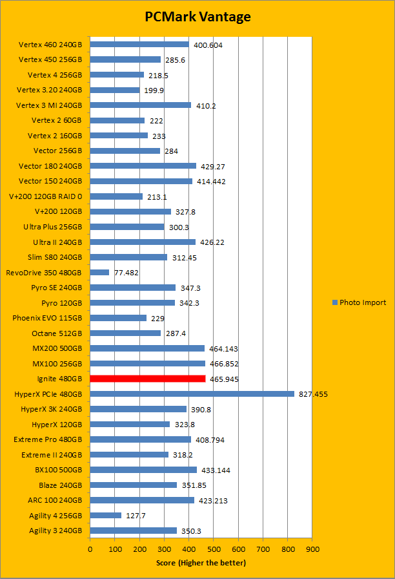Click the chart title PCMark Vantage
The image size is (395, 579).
(x=197, y=17)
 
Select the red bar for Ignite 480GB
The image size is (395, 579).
(x=148, y=379)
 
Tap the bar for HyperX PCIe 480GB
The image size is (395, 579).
(x=192, y=394)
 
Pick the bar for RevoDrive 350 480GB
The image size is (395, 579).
(x=99, y=272)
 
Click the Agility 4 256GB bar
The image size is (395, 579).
(x=106, y=515)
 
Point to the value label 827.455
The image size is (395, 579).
(x=313, y=394)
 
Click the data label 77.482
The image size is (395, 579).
(x=127, y=273)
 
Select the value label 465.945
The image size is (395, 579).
(x=223, y=379)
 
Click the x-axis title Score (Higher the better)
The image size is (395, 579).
(x=201, y=563)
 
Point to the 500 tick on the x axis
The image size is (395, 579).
(x=214, y=549)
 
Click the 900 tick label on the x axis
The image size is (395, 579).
(x=312, y=549)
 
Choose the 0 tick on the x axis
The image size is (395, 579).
(x=90, y=549)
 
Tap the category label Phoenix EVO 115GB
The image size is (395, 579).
(x=47, y=318)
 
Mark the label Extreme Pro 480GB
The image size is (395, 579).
(x=48, y=439)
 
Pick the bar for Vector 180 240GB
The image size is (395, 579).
(x=143, y=166)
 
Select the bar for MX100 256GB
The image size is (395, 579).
(x=148, y=364)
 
